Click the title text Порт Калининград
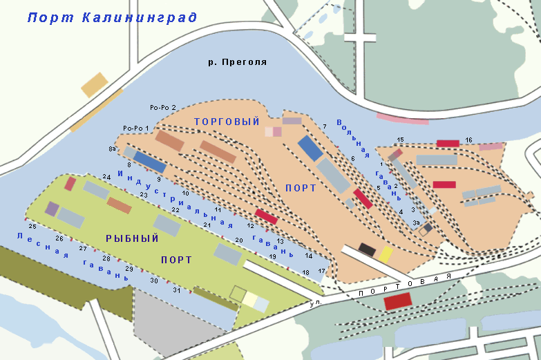112,17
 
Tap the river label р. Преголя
237,62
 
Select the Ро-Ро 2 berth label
164,108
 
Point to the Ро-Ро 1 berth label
136,129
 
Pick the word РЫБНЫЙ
132,238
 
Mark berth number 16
468,140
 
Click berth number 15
400,140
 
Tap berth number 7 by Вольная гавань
324,126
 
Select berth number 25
32,227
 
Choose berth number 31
177,290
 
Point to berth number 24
106,178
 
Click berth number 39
416,223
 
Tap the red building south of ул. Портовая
397,301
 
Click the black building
367,249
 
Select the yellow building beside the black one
386,254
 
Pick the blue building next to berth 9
150,162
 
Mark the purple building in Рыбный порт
52,209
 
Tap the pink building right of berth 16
491,146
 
